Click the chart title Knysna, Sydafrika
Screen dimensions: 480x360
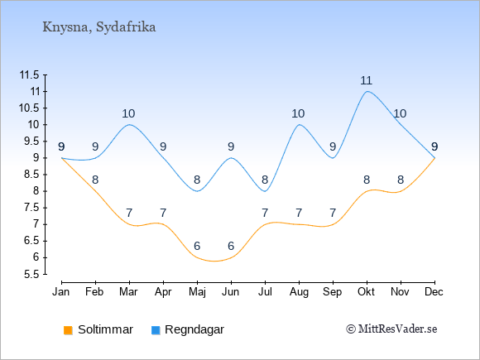[98, 27]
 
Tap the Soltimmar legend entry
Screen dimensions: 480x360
[98, 329]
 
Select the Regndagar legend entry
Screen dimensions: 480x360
[188, 329]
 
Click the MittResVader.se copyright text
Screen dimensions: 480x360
[391, 329]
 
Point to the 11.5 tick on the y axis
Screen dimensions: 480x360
[30, 75]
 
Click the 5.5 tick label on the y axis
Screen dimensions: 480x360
[31, 274]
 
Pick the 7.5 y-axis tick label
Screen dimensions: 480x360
[31, 208]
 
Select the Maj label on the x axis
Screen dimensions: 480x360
[197, 292]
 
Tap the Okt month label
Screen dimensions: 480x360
[367, 292]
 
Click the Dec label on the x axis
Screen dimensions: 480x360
[434, 292]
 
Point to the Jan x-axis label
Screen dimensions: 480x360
[61, 292]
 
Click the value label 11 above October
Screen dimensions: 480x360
[366, 81]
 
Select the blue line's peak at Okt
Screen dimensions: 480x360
[367, 91]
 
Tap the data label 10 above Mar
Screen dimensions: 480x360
[128, 114]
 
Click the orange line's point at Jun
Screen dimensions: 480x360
[231, 257]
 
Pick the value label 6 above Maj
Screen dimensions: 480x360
[197, 246]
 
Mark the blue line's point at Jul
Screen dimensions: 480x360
[265, 191]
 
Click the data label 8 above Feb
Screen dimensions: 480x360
[95, 180]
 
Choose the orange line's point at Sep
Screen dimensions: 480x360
[333, 224]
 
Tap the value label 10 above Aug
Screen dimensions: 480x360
[298, 114]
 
